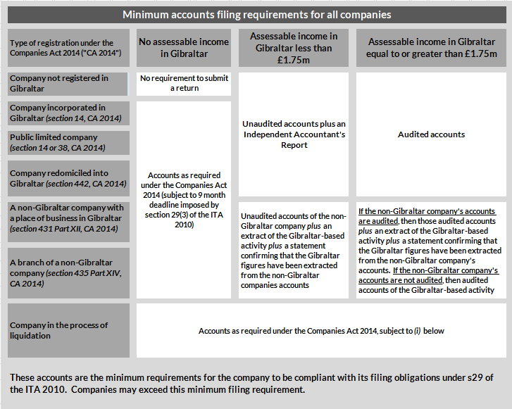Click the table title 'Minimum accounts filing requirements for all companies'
tap(256, 14)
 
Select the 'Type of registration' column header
tap(69, 48)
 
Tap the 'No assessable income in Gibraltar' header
tap(184, 48)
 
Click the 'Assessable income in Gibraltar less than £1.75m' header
tap(294, 48)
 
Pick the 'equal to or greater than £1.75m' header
tap(431, 48)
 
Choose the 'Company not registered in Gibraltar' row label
tap(69, 84)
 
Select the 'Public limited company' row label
tap(69, 142)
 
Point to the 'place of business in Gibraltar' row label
tap(69, 218)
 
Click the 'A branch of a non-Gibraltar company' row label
tap(69, 272)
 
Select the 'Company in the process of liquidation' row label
tap(69, 330)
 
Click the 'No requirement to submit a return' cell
tap(184, 84)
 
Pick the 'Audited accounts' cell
tap(431, 134)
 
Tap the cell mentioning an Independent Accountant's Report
tap(294, 134)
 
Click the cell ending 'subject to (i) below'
tap(321, 330)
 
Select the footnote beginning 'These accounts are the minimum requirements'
tap(256, 383)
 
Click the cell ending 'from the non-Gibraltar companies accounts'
tap(294, 250)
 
